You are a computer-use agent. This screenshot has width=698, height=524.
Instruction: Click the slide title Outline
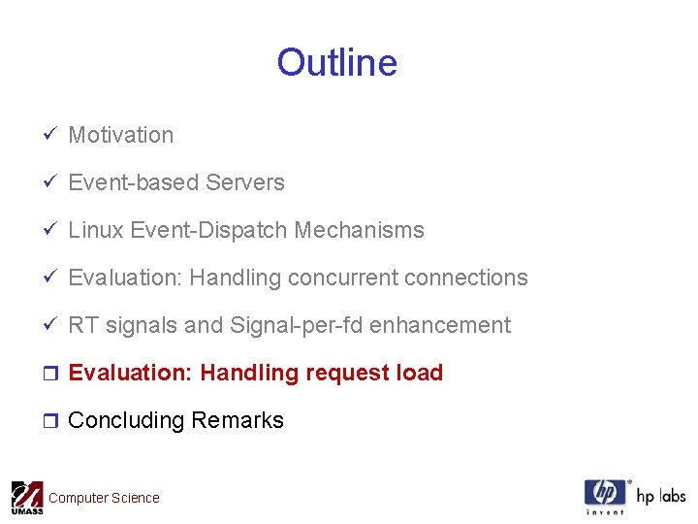[336, 63]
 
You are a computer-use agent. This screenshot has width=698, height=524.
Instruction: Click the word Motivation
[121, 136]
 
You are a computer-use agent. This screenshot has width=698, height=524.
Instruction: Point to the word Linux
[96, 231]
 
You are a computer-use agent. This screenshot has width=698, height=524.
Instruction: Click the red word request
[349, 374]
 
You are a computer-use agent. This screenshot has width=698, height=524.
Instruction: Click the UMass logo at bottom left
[26, 498]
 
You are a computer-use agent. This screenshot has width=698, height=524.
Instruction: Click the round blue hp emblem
[605, 493]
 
